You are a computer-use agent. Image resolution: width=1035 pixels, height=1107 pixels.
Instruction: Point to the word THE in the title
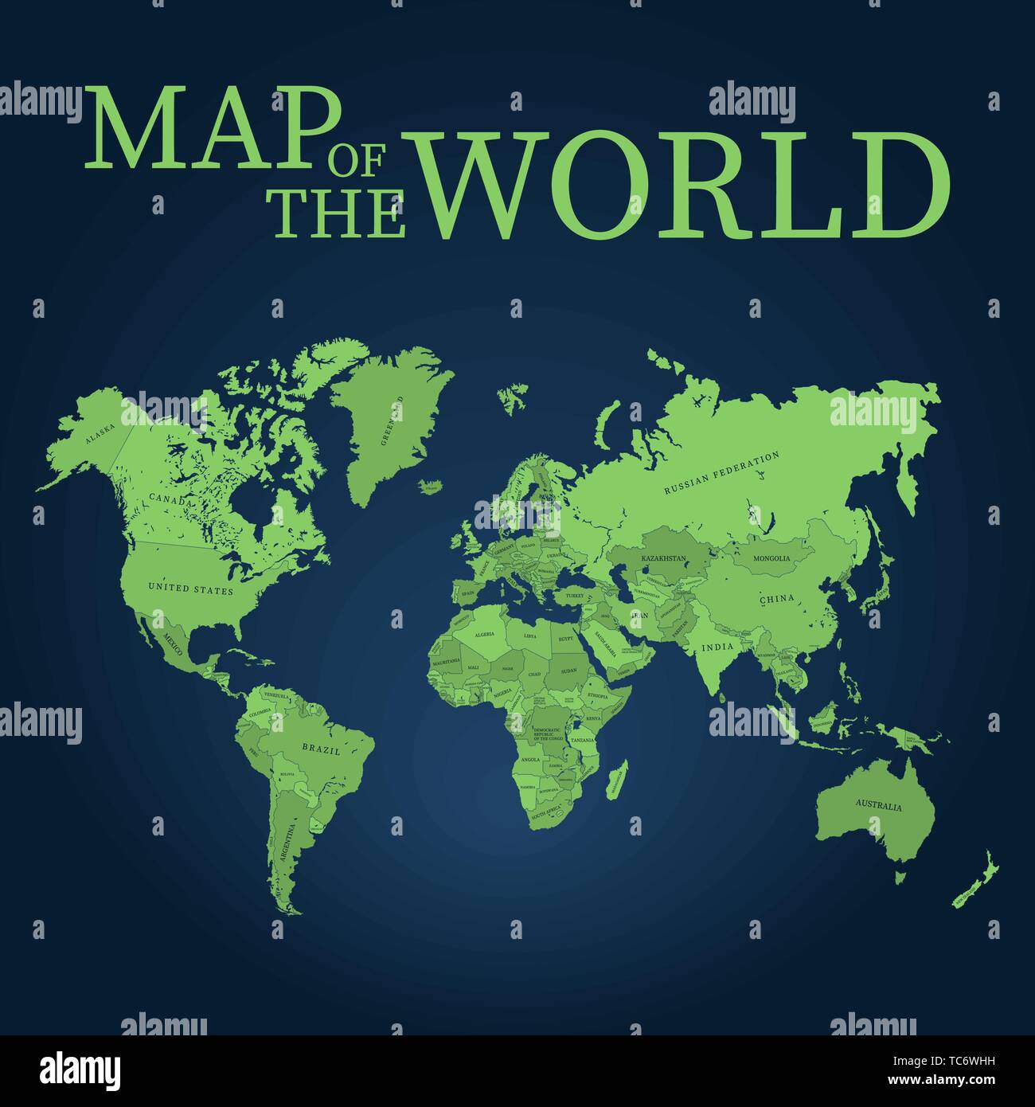(339, 214)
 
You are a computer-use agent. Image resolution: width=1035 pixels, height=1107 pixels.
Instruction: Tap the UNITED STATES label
(191, 589)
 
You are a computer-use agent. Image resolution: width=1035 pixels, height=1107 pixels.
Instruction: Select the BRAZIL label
(321, 749)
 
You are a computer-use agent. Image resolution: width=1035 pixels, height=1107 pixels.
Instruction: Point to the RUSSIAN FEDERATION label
(721, 473)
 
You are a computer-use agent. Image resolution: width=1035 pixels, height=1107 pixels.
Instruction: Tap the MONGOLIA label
(771, 558)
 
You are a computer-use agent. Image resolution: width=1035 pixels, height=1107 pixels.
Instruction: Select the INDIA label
(717, 647)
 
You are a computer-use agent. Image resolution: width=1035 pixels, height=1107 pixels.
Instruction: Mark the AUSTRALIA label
(879, 806)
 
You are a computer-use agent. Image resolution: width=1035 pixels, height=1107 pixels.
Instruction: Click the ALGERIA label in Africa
(484, 635)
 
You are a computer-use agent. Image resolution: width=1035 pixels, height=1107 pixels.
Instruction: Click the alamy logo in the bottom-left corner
(81, 1070)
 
